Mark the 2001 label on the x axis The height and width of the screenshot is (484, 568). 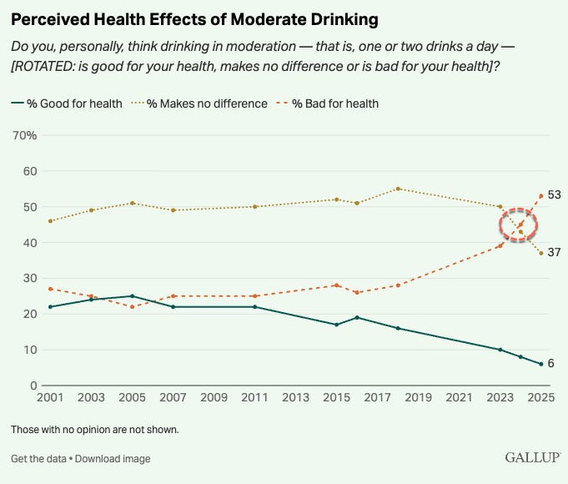click(52, 397)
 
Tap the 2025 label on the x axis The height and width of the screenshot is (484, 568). click(540, 397)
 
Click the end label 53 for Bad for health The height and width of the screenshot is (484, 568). click(554, 195)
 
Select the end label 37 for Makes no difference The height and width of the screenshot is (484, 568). click(554, 252)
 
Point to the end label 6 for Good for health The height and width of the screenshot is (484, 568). click(550, 363)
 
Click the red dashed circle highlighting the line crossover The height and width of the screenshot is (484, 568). click(519, 225)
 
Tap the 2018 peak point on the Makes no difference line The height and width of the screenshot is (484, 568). click(398, 189)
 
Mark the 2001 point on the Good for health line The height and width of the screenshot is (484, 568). click(51, 307)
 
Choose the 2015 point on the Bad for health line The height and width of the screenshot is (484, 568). click(336, 285)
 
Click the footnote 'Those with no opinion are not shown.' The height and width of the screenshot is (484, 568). click(95, 430)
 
